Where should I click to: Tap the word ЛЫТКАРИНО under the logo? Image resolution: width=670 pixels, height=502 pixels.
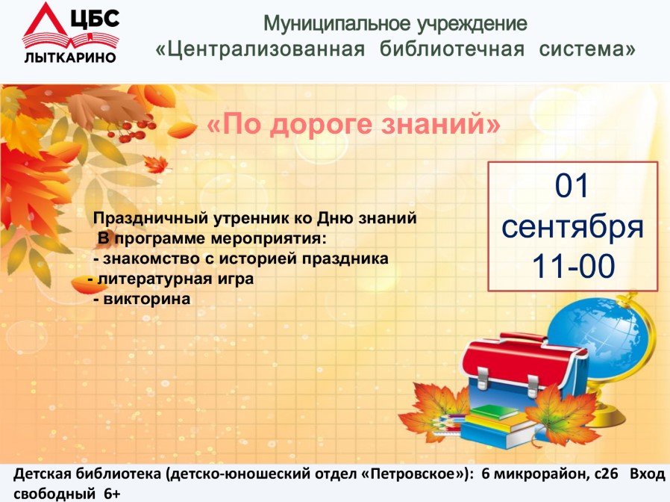70,58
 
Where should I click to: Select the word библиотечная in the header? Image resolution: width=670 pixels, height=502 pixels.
452,49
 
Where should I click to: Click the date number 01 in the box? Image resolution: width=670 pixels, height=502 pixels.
572,186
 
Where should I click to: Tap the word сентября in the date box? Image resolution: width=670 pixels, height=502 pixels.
572,226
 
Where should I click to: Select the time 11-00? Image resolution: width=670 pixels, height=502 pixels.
573,266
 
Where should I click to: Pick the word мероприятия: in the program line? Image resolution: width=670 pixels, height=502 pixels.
269,238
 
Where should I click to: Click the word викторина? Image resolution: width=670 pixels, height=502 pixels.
146,299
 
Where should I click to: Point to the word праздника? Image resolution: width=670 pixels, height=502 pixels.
345,259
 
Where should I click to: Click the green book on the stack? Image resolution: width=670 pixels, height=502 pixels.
493,412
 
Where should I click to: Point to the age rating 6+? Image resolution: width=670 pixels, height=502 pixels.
112,494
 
